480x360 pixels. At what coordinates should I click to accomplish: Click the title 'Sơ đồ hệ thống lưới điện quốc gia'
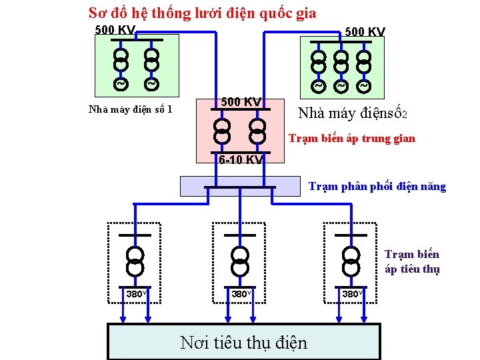tap(203, 13)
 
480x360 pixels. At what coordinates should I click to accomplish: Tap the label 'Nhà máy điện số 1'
tap(131, 109)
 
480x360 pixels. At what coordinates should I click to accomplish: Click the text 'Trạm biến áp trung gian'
tap(351, 139)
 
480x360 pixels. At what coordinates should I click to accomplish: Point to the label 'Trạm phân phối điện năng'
tap(377, 186)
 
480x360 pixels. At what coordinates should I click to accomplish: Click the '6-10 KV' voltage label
tap(241, 159)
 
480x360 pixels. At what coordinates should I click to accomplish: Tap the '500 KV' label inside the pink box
tap(241, 101)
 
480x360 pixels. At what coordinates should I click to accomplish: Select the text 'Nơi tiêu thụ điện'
tap(244, 343)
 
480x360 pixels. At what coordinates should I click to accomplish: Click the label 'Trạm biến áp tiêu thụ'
tap(412, 261)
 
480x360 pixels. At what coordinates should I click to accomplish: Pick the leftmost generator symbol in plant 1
tap(120, 85)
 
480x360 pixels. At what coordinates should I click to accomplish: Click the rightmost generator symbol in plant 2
tap(363, 87)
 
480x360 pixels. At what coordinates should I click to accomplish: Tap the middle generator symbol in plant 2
tap(341, 87)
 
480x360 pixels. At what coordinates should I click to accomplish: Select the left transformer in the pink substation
tap(221, 130)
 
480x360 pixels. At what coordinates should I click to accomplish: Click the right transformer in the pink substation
tap(257, 130)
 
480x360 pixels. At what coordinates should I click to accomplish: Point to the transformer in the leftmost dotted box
tap(134, 257)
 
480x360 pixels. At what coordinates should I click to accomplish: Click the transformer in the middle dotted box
tap(239, 257)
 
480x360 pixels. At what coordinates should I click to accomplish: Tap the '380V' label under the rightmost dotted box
tap(352, 293)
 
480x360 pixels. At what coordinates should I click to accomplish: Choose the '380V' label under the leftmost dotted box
tap(136, 293)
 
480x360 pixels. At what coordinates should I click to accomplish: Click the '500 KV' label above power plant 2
tap(365, 32)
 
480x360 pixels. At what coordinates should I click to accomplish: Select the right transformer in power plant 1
tap(152, 59)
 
